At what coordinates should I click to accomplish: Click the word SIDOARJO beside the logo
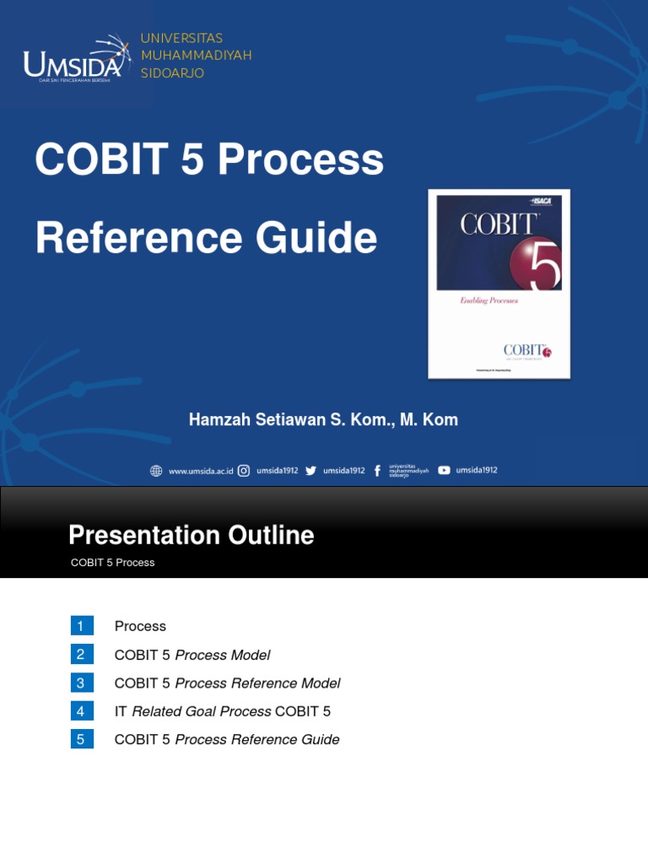[x=172, y=73]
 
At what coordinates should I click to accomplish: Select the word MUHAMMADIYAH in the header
[x=196, y=56]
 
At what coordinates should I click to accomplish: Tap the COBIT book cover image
[x=499, y=283]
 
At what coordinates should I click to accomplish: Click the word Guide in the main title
[x=325, y=238]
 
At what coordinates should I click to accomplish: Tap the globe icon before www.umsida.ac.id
[x=156, y=471]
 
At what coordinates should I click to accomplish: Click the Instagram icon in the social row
[x=244, y=471]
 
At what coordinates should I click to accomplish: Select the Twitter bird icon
[x=310, y=471]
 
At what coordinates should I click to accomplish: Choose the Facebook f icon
[x=377, y=471]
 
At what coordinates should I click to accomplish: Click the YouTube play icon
[x=444, y=471]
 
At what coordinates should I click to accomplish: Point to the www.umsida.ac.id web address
[x=201, y=471]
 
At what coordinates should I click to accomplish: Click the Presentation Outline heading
[x=191, y=535]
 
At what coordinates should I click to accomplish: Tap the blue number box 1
[x=82, y=626]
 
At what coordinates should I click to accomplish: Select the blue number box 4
[x=82, y=711]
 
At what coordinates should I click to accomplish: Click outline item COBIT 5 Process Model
[x=192, y=655]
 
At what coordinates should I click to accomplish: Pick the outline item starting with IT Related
[x=223, y=711]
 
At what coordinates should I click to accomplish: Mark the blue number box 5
[x=82, y=740]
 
